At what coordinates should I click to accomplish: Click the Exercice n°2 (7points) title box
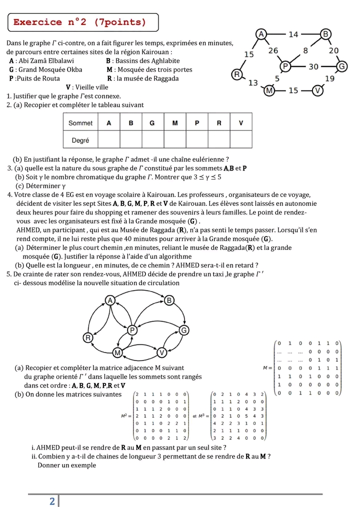pyautogui.click(x=83, y=22)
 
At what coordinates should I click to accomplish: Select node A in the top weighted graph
pyautogui.click(x=260, y=34)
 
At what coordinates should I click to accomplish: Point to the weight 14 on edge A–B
pyautogui.click(x=293, y=34)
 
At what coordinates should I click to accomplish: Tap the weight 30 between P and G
pyautogui.click(x=313, y=66)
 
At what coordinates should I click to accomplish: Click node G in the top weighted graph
pyautogui.click(x=342, y=66)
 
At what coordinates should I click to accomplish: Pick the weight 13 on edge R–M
pyautogui.click(x=253, y=83)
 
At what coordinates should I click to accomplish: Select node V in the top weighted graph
pyautogui.click(x=318, y=90)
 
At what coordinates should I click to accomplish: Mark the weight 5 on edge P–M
pyautogui.click(x=277, y=78)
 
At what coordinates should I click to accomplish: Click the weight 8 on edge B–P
pyautogui.click(x=305, y=50)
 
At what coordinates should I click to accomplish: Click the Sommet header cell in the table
pyautogui.click(x=80, y=122)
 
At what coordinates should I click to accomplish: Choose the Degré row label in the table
pyautogui.click(x=80, y=140)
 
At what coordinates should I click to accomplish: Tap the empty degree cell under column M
pyautogui.click(x=174, y=140)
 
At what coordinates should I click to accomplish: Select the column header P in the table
pyautogui.click(x=196, y=122)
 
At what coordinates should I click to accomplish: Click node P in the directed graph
pyautogui.click(x=132, y=330)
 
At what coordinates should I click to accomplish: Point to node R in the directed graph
pyautogui.click(x=88, y=337)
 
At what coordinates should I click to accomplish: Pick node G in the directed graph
pyautogui.click(x=183, y=330)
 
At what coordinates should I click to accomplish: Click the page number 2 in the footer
pyautogui.click(x=52, y=501)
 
